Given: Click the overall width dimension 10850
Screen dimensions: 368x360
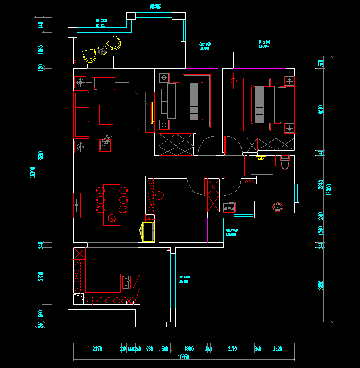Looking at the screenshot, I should click(183, 357).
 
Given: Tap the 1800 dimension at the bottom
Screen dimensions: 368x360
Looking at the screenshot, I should click(188, 349).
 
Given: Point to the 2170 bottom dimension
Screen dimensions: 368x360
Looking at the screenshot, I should click(232, 349).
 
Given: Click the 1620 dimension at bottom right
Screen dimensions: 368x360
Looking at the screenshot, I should click(278, 349).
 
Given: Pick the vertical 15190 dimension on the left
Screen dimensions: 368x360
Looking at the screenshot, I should click(32, 173).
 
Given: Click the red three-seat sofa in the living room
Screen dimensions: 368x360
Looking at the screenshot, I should click(81, 115).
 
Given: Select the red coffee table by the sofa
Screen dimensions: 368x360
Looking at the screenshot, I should click(106, 115).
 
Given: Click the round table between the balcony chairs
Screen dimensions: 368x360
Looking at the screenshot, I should click(102, 49).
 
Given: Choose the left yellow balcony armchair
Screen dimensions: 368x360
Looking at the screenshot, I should click(89, 55).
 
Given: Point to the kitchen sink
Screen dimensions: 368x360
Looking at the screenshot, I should click(126, 282).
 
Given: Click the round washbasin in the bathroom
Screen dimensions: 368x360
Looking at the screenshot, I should click(277, 207).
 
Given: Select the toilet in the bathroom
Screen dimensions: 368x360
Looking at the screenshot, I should click(285, 162).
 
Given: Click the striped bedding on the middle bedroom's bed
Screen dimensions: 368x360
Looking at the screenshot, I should click(194, 101).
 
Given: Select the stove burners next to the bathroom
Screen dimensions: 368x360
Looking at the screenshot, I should click(230, 207).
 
